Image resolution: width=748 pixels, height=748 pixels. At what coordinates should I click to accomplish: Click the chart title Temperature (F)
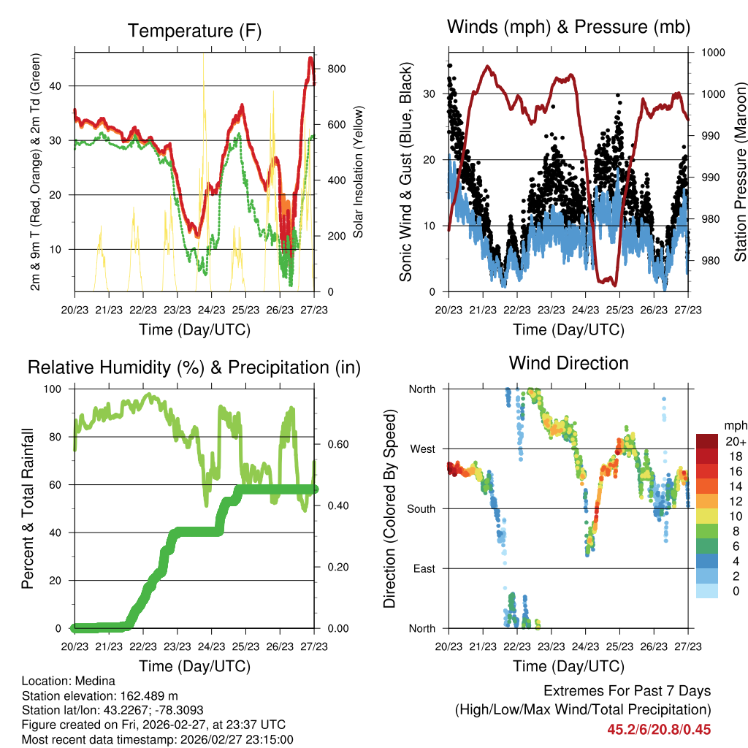[x=194, y=31]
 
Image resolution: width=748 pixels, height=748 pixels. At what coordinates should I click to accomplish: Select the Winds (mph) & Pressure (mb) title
[x=568, y=27]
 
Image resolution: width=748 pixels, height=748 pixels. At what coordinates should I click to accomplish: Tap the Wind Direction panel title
[x=568, y=362]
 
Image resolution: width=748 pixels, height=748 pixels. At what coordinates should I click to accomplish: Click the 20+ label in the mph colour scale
[x=734, y=441]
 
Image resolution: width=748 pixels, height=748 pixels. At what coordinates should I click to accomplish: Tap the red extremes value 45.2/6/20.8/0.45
[x=658, y=729]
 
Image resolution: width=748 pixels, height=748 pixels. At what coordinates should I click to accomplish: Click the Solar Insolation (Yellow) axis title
[x=359, y=172]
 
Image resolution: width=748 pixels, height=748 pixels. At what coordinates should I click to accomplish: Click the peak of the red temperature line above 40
[x=310, y=58]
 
